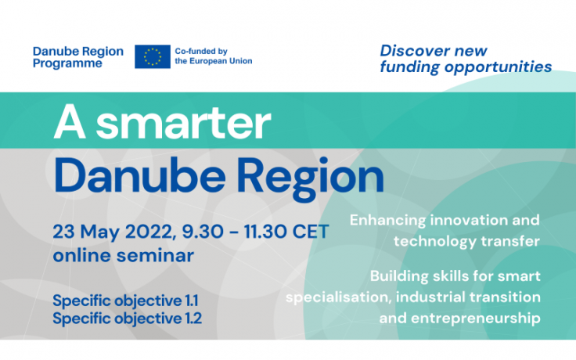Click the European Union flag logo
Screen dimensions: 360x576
pyautogui.click(x=153, y=56)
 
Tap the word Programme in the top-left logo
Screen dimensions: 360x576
pyautogui.click(x=67, y=63)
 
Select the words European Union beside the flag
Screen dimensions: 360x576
pyautogui.click(x=222, y=61)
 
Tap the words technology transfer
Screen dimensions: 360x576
pyautogui.click(x=466, y=241)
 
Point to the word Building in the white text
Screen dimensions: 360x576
pyautogui.click(x=401, y=276)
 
